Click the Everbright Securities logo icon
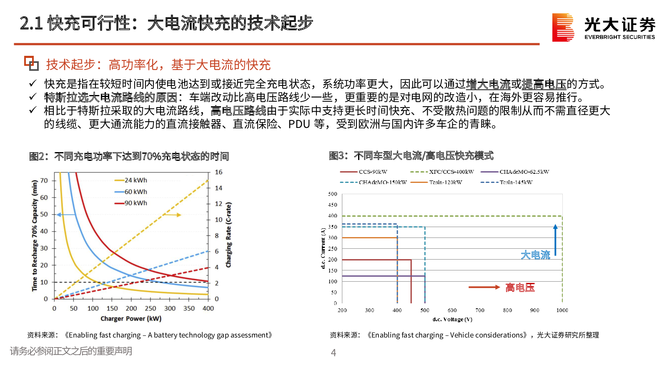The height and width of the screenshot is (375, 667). [563, 27]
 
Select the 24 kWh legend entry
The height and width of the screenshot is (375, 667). [131, 180]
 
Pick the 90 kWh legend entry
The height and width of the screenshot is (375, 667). [131, 203]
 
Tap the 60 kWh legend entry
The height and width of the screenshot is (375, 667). [131, 192]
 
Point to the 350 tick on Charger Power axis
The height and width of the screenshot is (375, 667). [189, 308]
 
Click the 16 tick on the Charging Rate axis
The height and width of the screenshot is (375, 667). [218, 172]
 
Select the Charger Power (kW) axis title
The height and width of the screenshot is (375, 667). [131, 319]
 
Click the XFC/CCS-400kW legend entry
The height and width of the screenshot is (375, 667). [442, 172]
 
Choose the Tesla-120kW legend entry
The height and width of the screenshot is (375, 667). [436, 182]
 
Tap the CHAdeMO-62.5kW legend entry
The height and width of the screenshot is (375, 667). [515, 172]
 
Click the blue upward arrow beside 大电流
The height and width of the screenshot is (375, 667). [555, 240]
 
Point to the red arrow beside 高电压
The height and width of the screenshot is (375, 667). [484, 287]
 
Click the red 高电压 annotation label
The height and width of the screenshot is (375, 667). [520, 287]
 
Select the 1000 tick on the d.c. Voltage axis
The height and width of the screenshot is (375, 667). [562, 310]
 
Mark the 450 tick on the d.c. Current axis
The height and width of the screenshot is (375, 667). [333, 205]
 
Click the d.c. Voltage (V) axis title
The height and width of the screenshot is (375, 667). [452, 319]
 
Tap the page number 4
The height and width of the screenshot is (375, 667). [333, 352]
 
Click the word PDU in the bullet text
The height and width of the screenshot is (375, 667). [299, 124]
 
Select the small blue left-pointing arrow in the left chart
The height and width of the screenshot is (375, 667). [66, 215]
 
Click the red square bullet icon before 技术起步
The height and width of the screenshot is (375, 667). [31, 63]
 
